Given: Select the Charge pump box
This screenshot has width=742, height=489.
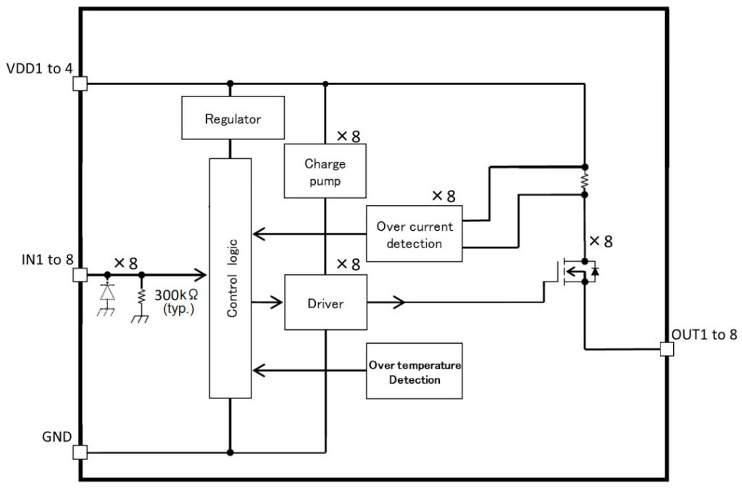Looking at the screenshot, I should [325, 170].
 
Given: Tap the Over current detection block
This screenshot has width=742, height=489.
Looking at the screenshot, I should [414, 234].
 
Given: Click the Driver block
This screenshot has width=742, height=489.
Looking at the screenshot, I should [325, 303].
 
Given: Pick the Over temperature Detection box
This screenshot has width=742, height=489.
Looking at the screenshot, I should [414, 371].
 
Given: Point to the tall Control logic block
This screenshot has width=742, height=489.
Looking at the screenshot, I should [230, 278].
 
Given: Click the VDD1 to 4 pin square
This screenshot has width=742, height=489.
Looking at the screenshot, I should [80, 83].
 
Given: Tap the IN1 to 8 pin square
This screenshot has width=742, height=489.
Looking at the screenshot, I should [80, 275].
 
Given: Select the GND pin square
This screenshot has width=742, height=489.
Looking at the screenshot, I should [80, 452].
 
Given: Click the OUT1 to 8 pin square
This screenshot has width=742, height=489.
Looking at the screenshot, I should [667, 349].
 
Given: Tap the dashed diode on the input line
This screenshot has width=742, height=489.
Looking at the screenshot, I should [107, 292].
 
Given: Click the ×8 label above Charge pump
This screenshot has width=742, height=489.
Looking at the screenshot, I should [348, 136].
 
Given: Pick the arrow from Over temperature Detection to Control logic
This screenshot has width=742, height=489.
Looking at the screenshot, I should [308, 371].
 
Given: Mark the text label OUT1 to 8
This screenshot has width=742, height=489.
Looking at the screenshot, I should [704, 334].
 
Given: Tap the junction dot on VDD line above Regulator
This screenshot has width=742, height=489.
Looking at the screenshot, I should [230, 83].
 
